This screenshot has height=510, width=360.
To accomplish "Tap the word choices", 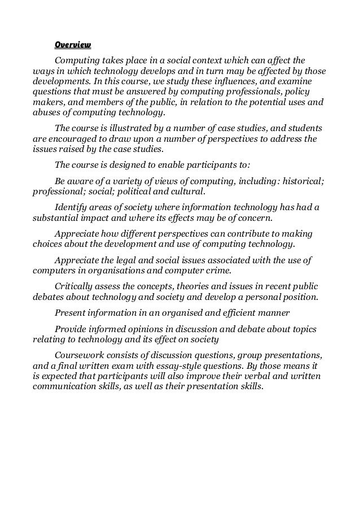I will point(49,245).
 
